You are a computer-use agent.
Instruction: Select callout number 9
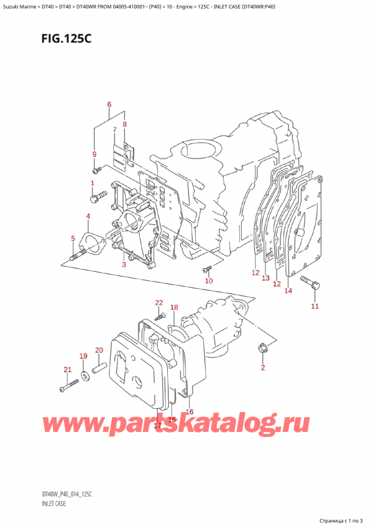point(94,154)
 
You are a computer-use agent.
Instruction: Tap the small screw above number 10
point(207,269)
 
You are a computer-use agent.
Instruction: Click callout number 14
point(288,290)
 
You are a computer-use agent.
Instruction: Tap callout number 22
point(159,303)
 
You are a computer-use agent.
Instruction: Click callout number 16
point(190,411)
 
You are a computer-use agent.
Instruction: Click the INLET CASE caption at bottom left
point(53,503)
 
